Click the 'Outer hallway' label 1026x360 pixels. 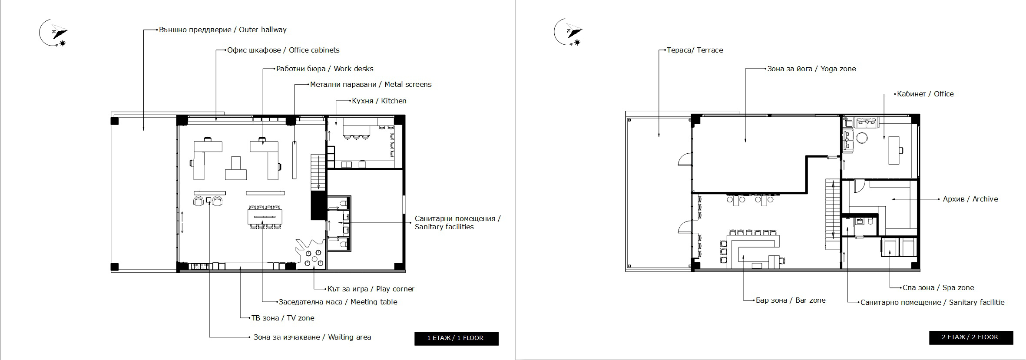tap(222, 30)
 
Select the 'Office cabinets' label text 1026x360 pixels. tap(283, 50)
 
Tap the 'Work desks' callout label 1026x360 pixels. tap(325, 69)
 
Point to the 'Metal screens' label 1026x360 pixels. tap(371, 84)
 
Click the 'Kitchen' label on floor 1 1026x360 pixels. tap(379, 101)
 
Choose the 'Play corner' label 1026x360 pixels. tap(371, 289)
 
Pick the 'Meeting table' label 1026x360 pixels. tap(338, 302)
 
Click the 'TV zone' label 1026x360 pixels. tap(283, 318)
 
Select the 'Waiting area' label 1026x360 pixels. tap(312, 337)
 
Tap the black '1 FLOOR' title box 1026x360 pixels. tap(456, 338)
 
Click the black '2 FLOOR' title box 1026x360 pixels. tap(971, 337)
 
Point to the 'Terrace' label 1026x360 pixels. tap(695, 50)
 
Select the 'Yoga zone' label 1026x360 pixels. tap(811, 69)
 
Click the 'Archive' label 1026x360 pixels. tap(970, 199)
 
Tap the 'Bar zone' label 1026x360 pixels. tap(791, 300)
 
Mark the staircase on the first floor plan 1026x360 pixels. tap(318, 173)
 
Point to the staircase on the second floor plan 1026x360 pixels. tap(833, 215)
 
